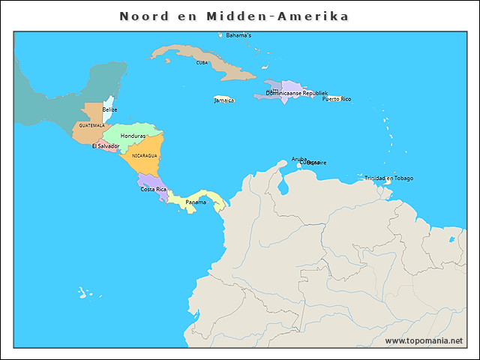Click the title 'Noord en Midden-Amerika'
[x=234, y=16]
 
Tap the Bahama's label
[x=238, y=35]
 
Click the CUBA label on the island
[x=202, y=63]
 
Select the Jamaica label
[x=224, y=100]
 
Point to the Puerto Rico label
[x=337, y=99]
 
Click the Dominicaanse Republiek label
[x=297, y=93]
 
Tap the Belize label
[x=109, y=109]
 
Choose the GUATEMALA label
[x=91, y=125]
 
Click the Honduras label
[x=133, y=136]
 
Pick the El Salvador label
[x=106, y=146]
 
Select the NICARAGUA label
[x=144, y=155]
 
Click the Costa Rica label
[x=154, y=189]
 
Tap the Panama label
[x=196, y=202]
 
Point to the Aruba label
[x=299, y=159]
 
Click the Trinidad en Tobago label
[x=388, y=178]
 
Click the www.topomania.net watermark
[x=424, y=340]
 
